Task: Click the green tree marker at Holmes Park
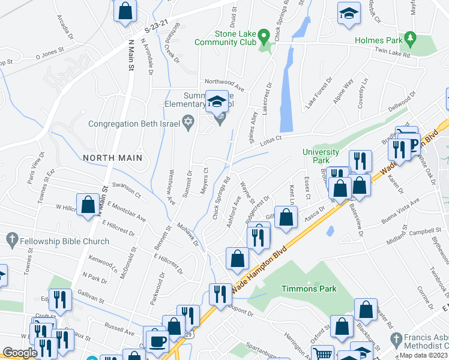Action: pyautogui.click(x=411, y=39)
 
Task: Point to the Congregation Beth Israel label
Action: pyautogui.click(x=133, y=124)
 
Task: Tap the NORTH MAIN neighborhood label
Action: pyautogui.click(x=112, y=158)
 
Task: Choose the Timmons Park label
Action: pyautogui.click(x=309, y=289)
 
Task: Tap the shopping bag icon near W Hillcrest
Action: pyautogui.click(x=88, y=205)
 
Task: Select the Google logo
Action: pyautogui.click(x=20, y=353)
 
